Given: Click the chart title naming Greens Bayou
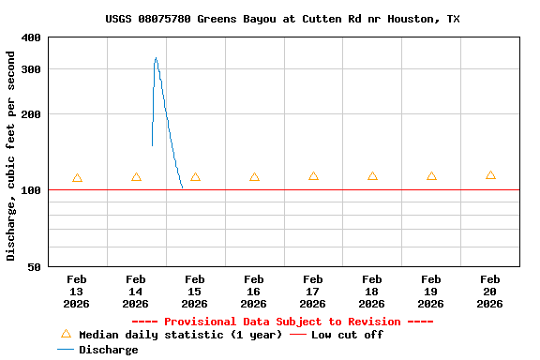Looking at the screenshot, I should point(282,19).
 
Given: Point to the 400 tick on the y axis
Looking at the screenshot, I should point(31,37).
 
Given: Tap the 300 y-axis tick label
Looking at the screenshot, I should point(31,69).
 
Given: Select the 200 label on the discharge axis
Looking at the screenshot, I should point(31,114).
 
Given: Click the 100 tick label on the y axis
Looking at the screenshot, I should point(31,190).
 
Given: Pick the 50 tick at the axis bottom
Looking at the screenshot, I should point(35,267).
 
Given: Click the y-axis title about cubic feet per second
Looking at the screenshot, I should point(11,156).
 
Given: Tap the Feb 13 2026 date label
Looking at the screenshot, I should point(77,291).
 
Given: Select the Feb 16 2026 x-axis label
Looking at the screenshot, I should point(254,291).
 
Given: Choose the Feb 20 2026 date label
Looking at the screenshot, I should point(490,291).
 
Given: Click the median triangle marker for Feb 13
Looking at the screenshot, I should point(77,178).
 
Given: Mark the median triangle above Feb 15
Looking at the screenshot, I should point(195,177).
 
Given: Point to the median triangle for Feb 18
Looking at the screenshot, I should point(372,176).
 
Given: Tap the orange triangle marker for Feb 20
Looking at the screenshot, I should point(490,175).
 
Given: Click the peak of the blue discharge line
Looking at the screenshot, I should point(156,58).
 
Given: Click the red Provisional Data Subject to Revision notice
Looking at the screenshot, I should point(282,322).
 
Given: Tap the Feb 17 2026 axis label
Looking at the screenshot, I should point(313,291).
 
